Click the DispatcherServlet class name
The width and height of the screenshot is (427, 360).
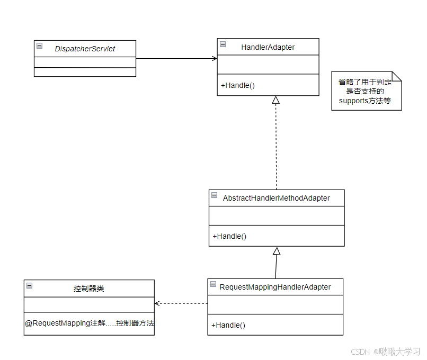tap(85, 49)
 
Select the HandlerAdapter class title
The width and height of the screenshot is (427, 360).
tap(268, 47)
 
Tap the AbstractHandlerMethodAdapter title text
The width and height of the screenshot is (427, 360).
tap(277, 198)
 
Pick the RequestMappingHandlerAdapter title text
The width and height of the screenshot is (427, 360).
tap(275, 287)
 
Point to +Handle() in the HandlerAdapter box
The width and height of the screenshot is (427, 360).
tap(238, 85)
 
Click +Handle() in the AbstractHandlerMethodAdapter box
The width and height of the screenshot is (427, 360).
tap(229, 236)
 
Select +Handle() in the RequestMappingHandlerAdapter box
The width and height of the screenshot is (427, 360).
tap(228, 325)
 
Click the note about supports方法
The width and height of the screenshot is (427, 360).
tap(366, 91)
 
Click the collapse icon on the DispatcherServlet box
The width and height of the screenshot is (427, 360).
tap(39, 46)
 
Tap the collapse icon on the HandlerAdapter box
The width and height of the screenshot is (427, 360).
tap(223, 44)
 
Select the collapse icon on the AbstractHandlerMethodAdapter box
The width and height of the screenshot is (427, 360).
tap(214, 195)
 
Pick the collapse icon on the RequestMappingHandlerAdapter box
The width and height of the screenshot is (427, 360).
tap(213, 284)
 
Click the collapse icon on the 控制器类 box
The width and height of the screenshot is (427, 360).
tap(29, 285)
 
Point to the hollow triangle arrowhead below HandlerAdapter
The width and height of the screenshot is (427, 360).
tap(275, 100)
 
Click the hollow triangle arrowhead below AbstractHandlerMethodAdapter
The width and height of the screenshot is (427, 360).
tap(277, 251)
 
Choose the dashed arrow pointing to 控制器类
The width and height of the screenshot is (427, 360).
tap(181, 303)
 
